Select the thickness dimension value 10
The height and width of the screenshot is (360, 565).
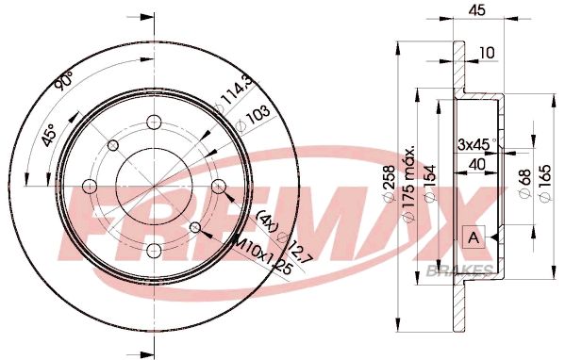(487, 54)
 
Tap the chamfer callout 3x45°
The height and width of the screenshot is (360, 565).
(478, 144)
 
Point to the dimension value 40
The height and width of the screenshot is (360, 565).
(478, 165)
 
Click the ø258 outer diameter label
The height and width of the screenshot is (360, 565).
(389, 189)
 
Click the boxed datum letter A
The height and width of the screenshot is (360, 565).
(472, 237)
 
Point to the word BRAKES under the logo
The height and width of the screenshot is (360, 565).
(472, 270)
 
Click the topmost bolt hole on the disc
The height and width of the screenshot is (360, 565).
(152, 122)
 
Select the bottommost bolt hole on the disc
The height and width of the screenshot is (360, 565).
(152, 249)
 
